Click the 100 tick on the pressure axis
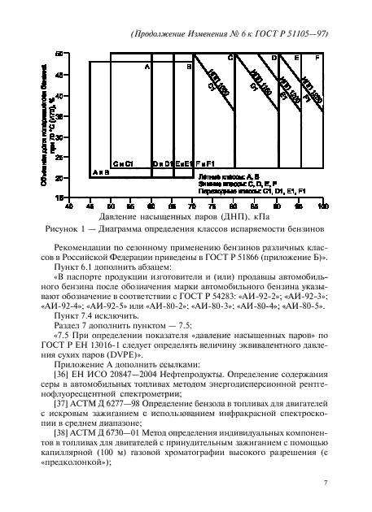point(325,206)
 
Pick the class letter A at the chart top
point(147,67)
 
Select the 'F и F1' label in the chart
point(205,163)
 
